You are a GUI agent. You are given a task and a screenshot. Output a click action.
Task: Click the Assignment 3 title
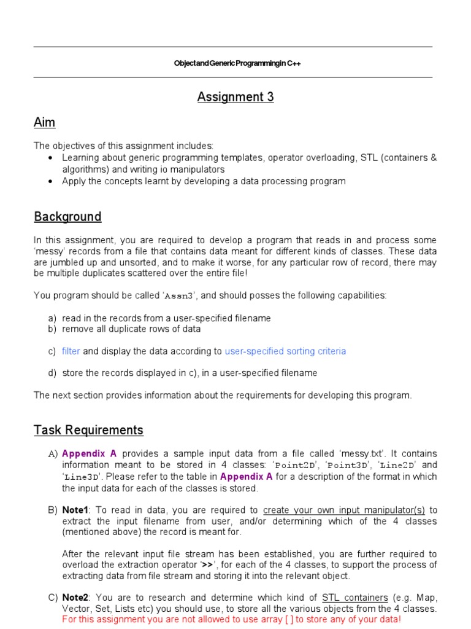tap(235, 97)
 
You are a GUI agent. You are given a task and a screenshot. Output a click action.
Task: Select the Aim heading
tap(44, 123)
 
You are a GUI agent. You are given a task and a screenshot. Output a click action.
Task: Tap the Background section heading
tap(67, 217)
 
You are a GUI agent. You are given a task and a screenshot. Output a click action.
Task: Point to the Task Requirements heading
tap(88, 430)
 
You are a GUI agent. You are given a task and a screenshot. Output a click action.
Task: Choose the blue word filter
tap(71, 351)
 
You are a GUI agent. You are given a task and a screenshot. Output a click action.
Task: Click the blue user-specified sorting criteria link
tap(285, 351)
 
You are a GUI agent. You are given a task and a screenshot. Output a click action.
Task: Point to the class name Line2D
tap(397, 465)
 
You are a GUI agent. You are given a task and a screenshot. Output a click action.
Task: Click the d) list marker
tap(52, 373)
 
